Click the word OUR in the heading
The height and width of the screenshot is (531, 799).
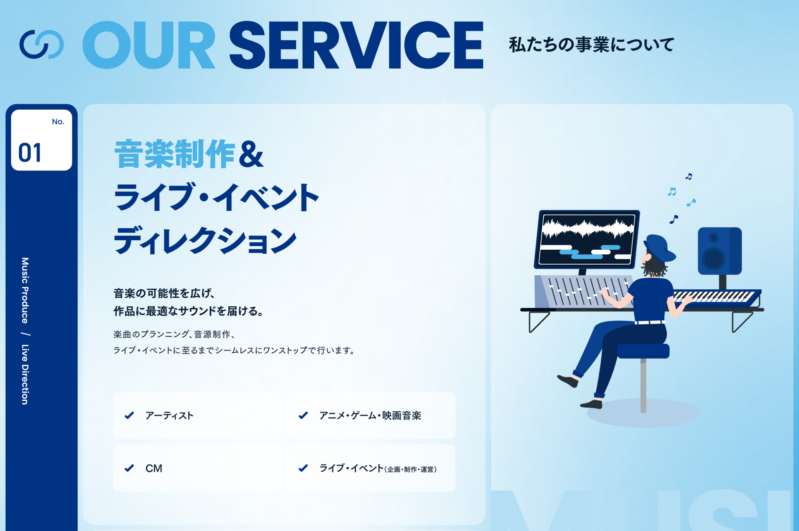[x=149, y=45]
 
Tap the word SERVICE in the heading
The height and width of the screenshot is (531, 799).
[x=357, y=45]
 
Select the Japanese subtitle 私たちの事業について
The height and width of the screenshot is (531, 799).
[x=592, y=45]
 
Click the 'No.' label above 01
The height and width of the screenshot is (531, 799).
[x=58, y=122]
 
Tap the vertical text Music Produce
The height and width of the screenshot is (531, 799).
[x=25, y=290]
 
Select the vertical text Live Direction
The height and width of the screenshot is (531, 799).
[x=25, y=375]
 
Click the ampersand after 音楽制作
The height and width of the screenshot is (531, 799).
[x=251, y=154]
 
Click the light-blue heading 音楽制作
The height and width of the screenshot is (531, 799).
[x=174, y=154]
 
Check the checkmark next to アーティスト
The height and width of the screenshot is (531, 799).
[x=129, y=415]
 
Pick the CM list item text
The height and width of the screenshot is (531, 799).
[x=154, y=468]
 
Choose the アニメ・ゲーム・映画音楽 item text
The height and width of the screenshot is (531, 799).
[x=370, y=415]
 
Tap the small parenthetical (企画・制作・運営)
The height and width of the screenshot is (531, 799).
[x=410, y=469]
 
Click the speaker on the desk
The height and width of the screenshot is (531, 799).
[x=719, y=251]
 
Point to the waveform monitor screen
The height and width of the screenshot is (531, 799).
[x=587, y=239]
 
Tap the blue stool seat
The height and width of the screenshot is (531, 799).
[x=643, y=351]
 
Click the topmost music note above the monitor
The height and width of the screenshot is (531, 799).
[x=688, y=176]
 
